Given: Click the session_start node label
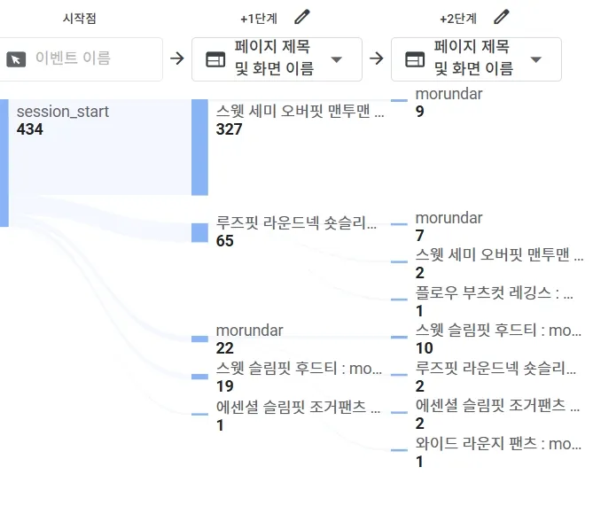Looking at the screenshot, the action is pos(63,112).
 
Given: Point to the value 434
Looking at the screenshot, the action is pos(30,129).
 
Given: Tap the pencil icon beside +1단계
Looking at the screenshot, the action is pos(302,17).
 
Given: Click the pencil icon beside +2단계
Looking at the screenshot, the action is pos(502,17).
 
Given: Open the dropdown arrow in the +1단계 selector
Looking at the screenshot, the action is pos(337,59).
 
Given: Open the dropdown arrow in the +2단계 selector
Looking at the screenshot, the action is pos(536,59).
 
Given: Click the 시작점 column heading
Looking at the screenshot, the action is pos(81,18).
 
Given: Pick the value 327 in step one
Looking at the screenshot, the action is pos(230,129).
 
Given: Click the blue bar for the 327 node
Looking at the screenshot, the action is pos(199,146).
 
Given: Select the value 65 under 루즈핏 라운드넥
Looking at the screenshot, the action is pos(225,240).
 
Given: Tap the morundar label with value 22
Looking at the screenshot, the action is pos(249,331).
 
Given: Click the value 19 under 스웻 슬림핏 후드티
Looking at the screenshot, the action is pos(224,386).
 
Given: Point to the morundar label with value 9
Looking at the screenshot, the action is pos(449,94).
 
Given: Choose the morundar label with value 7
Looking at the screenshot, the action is pos(449,218).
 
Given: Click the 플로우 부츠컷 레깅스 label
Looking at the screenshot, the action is pos(494,293).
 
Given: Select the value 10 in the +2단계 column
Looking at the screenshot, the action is pos(425,348).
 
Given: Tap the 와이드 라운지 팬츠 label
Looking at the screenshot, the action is pos(498,443).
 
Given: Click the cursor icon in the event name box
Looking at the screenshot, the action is pos(16,59).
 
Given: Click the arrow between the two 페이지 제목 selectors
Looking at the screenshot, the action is pos(377,58).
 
